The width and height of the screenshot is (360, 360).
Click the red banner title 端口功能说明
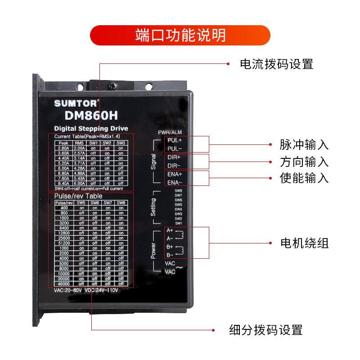[x=180, y=35]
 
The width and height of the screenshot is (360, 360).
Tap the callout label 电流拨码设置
[x=276, y=64]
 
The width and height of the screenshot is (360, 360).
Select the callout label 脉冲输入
[x=304, y=145]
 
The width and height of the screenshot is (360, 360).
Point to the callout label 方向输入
[x=304, y=162]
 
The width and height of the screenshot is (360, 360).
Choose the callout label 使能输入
[x=304, y=178]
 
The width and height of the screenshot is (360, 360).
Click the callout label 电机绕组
[x=305, y=243]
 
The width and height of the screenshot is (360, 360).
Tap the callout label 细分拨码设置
[x=265, y=330]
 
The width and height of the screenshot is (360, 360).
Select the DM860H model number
[x=91, y=115]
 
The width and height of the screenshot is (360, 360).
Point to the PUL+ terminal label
[x=175, y=140]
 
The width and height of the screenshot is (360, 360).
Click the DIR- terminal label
[x=174, y=166]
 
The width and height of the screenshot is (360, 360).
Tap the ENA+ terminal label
[x=175, y=174]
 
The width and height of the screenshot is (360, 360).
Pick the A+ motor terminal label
[x=170, y=230]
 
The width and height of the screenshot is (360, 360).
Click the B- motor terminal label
[x=170, y=255]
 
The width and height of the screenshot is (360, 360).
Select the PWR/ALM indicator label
[x=170, y=132]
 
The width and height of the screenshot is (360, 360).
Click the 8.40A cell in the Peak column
[x=63, y=183]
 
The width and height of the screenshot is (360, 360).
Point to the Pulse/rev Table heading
[x=78, y=196]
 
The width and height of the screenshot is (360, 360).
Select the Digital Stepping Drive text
[x=91, y=129]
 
